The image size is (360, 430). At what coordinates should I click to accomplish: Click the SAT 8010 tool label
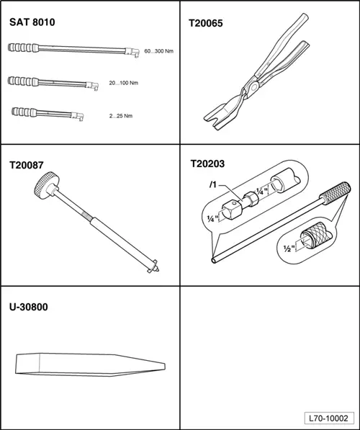(32, 22)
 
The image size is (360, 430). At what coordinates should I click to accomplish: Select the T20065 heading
(206, 23)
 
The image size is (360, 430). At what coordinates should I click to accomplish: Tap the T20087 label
(27, 165)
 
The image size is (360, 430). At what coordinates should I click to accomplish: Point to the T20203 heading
(207, 164)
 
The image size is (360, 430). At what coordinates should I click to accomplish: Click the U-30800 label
(29, 307)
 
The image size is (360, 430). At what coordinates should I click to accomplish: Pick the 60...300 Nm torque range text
(158, 51)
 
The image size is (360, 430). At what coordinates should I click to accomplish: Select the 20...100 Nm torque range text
(124, 83)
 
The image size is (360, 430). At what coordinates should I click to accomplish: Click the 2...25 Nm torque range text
(121, 116)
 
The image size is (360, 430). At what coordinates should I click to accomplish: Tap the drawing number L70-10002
(328, 418)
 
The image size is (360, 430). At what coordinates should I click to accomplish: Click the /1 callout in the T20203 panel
(213, 185)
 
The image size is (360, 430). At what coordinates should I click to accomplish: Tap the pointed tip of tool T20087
(158, 270)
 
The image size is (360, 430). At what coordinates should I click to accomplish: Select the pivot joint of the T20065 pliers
(254, 87)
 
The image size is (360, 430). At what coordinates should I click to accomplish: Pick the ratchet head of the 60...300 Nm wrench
(132, 52)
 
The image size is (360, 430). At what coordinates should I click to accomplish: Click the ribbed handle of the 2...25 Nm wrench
(24, 112)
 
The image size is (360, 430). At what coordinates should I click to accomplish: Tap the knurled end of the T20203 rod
(336, 193)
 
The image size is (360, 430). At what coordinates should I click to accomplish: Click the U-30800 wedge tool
(91, 364)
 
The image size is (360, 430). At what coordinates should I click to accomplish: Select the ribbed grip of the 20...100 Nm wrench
(23, 81)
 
